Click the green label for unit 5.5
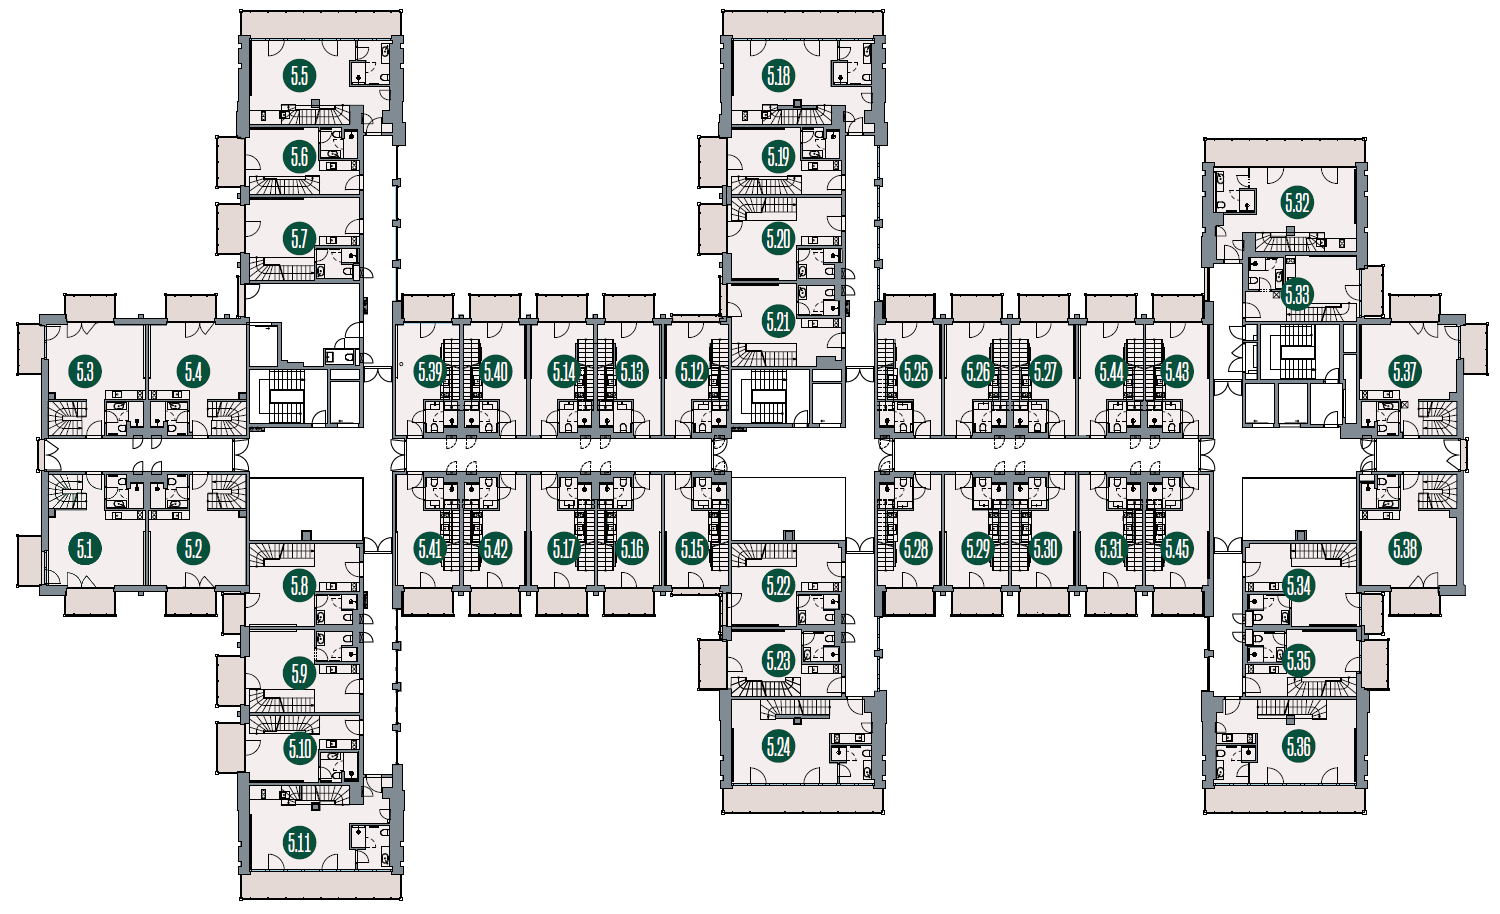coord(299,76)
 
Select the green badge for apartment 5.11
coord(299,842)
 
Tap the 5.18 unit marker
coord(778,76)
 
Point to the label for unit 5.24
coord(778,746)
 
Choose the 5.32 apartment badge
coord(1297,202)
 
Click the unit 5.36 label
coord(1298,746)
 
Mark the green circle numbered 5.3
coord(85,371)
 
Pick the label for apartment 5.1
coord(85,549)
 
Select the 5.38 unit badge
coord(1405,549)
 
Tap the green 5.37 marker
coord(1405,371)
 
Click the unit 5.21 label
coord(778,322)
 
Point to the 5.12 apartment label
coord(692,371)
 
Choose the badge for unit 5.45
coord(1177,549)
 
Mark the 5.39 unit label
coord(429,371)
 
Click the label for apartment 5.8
coord(299,587)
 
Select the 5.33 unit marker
coord(1297,295)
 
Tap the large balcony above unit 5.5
coord(321,23)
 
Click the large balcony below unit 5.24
coord(803,799)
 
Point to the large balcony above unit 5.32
coord(1285,151)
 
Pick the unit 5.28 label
coord(915,549)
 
